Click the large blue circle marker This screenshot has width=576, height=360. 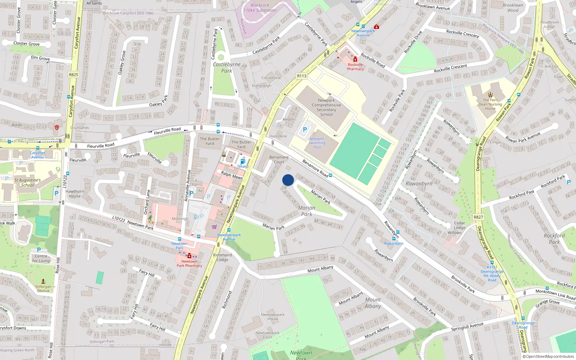point(288,180)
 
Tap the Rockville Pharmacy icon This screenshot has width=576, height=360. point(355,59)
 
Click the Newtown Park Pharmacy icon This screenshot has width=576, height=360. point(189,256)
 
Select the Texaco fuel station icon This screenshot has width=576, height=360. point(243,161)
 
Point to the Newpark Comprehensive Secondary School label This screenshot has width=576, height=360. point(326,107)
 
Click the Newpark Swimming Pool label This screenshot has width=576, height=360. point(317,143)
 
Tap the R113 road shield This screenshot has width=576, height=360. point(302,76)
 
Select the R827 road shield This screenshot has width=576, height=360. point(478,217)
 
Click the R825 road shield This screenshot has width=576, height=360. point(73,75)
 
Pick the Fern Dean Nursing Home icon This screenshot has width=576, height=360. point(490,95)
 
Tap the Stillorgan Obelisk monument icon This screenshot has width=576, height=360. point(43,281)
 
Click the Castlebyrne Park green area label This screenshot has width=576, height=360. point(226,67)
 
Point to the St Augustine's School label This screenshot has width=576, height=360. point(27,183)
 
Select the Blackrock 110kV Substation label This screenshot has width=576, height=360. point(260,8)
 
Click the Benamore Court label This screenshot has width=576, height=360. point(279,159)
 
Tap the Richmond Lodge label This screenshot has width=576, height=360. point(222,257)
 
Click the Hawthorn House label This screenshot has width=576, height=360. point(75,194)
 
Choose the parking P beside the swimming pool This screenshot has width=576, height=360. point(305,130)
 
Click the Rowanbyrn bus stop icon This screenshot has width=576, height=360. point(393,238)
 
